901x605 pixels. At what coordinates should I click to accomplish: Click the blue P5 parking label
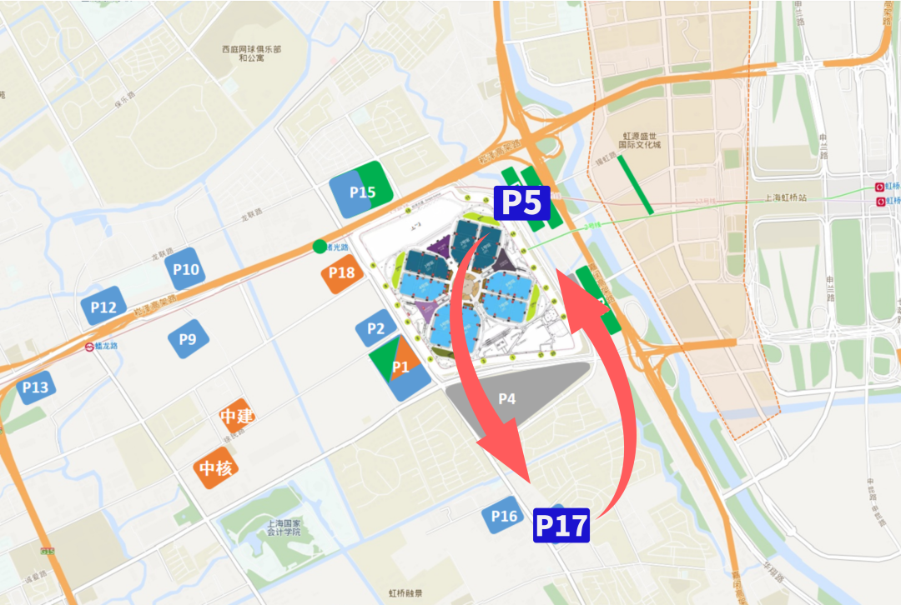(521, 203)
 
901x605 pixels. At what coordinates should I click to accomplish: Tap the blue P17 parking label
(561, 525)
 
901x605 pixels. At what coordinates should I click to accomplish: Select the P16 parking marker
(504, 517)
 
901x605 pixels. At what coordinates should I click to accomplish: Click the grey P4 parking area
(507, 398)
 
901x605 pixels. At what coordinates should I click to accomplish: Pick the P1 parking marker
(400, 367)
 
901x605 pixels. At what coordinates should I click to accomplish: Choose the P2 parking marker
(375, 329)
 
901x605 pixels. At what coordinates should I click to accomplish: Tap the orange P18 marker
(342, 272)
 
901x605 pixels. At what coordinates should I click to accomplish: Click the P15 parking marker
(362, 192)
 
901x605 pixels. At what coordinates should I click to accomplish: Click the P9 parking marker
(188, 339)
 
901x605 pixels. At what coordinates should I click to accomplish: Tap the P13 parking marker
(36, 387)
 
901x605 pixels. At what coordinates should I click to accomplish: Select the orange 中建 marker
(237, 415)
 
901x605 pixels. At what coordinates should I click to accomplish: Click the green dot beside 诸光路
(320, 246)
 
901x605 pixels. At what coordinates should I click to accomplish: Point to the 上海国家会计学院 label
(289, 530)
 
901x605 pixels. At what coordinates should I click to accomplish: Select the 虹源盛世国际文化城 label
(642, 139)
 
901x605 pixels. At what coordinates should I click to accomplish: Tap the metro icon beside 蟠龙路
(89, 347)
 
